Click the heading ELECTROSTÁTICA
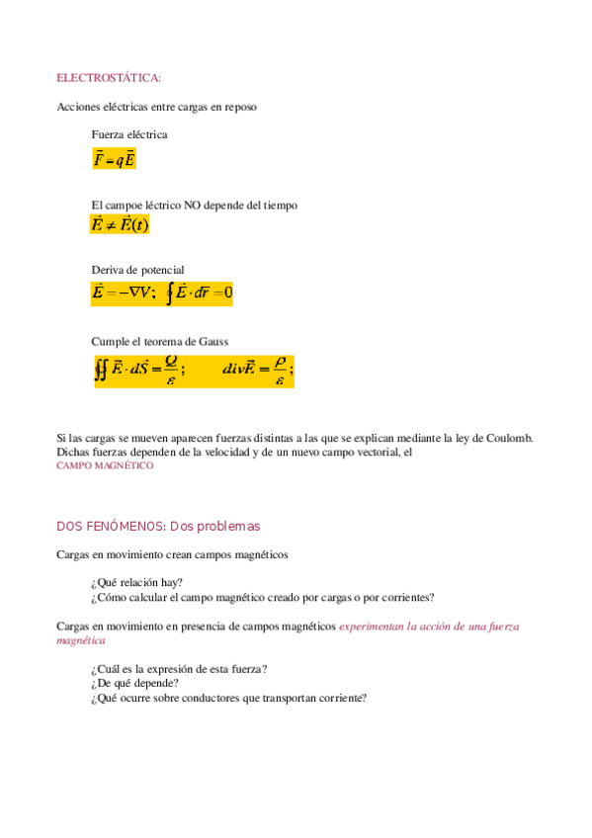109,77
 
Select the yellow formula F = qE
115,159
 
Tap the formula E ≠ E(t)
120,225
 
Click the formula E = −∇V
124,293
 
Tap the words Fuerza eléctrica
129,134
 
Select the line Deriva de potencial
137,270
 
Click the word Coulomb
509,438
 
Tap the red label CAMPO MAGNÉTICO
105,464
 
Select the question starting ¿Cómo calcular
262,597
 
